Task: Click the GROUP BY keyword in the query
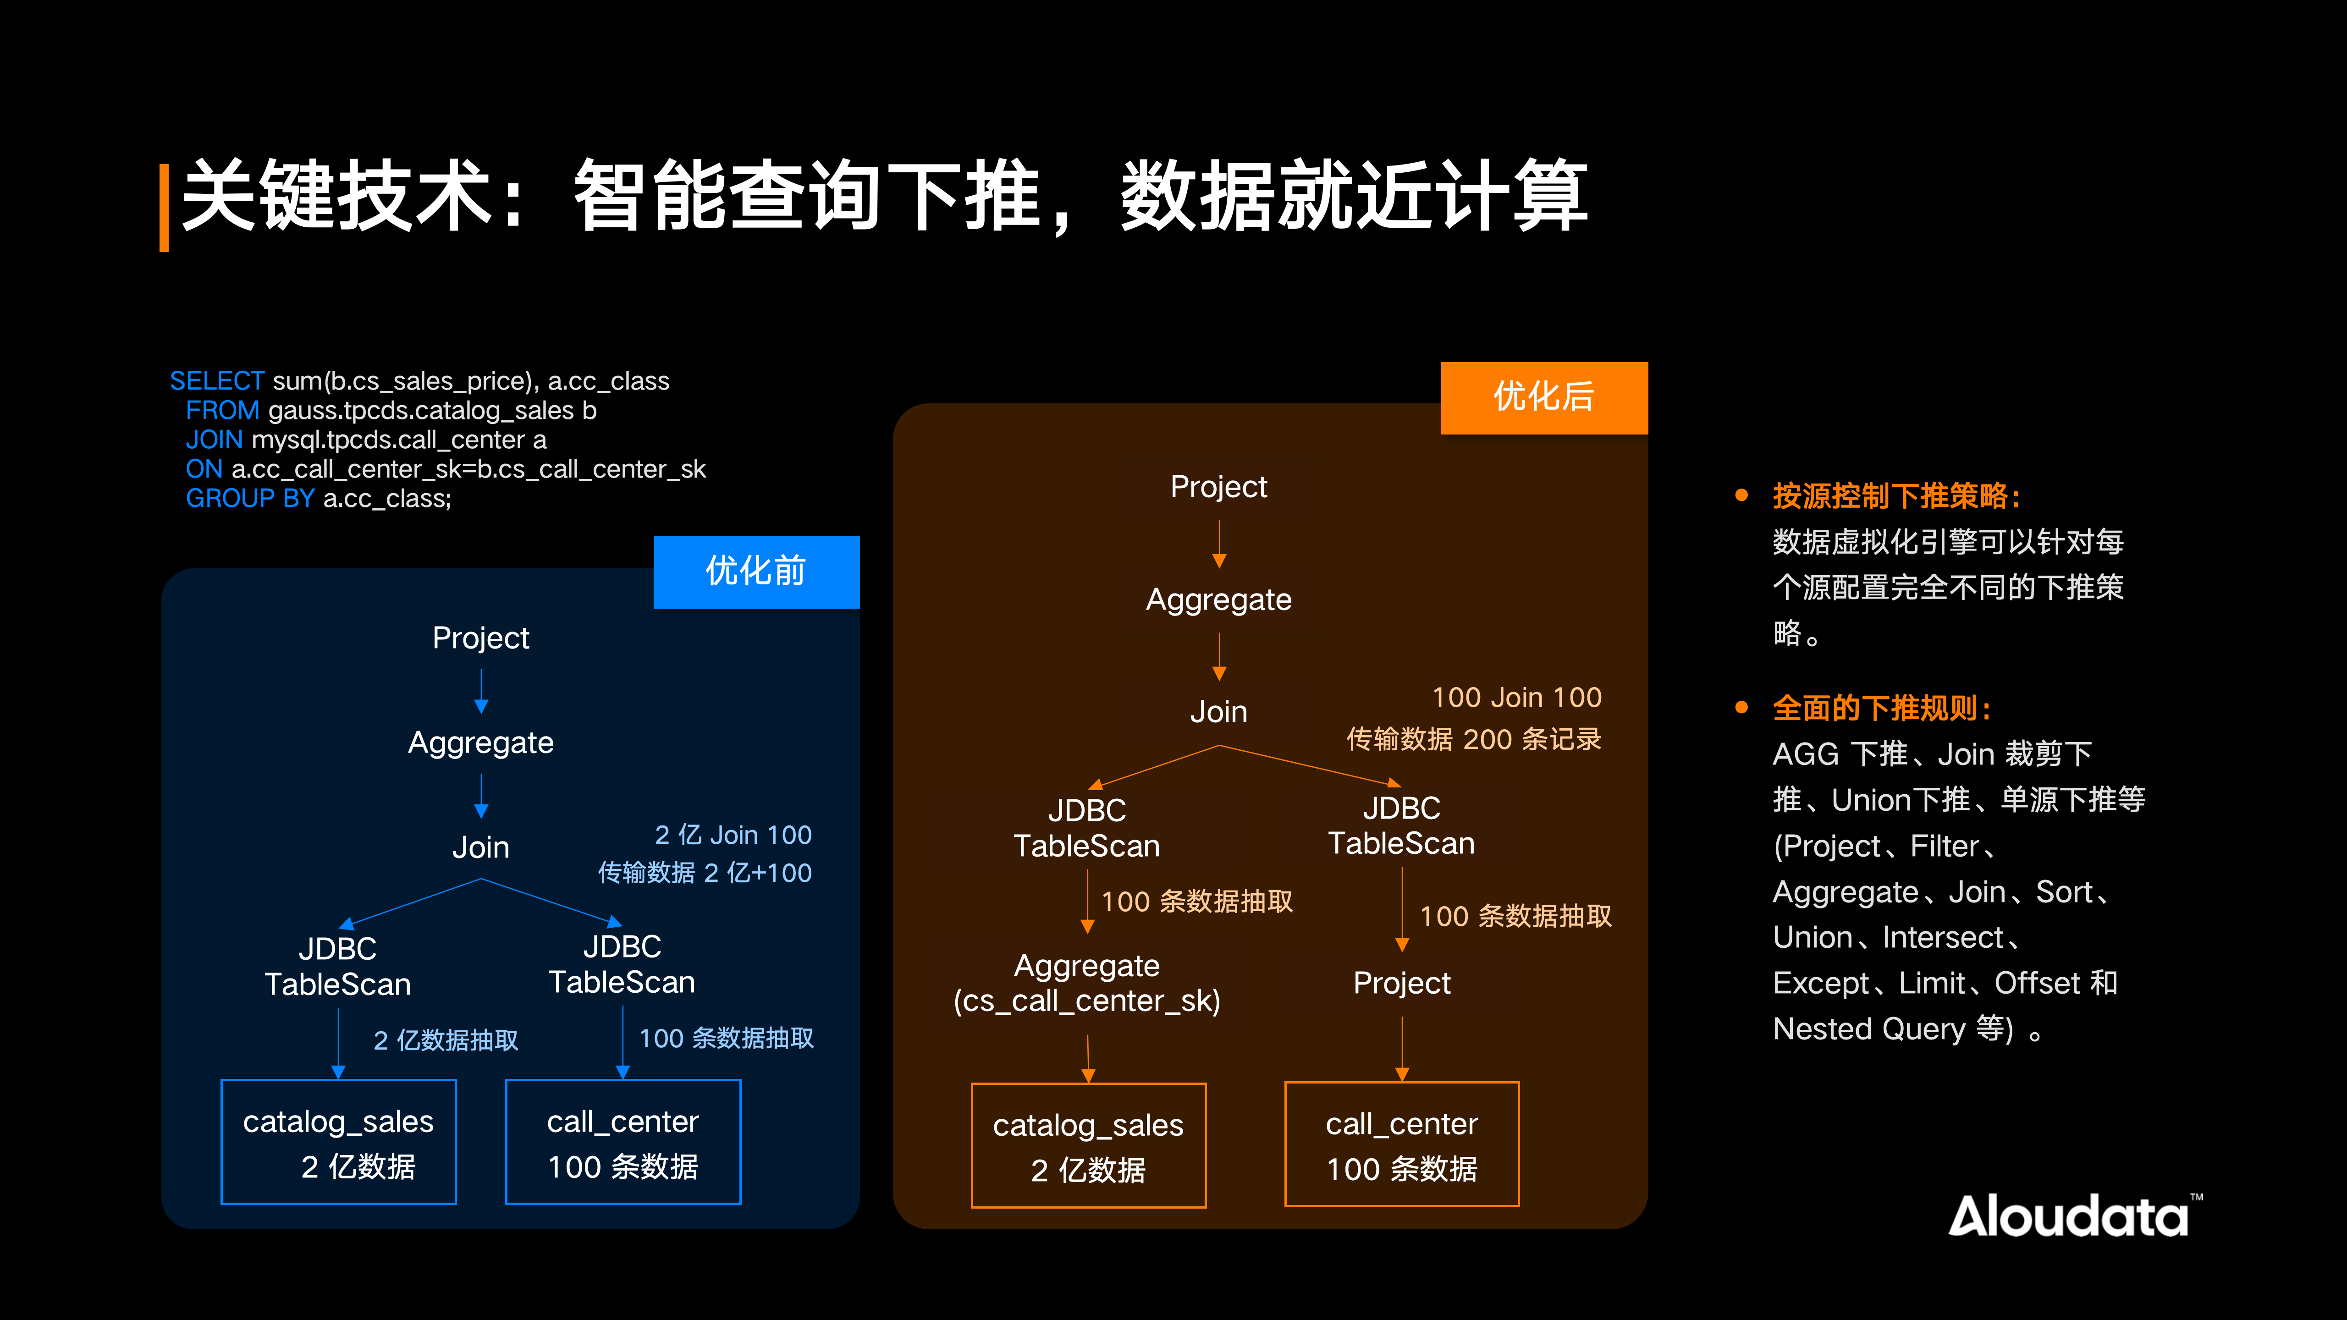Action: (x=250, y=498)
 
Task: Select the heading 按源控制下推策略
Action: (x=1895, y=496)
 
